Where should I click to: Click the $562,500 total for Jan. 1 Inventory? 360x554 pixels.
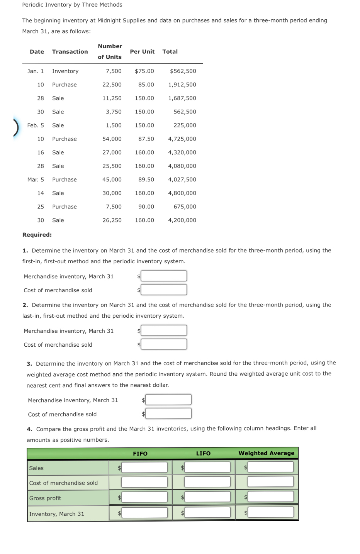click(183, 71)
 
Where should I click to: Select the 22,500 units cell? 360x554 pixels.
click(112, 85)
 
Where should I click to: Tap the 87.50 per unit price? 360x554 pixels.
click(146, 139)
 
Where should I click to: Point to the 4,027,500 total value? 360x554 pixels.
click(182, 180)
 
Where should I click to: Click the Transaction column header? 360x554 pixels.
click(70, 52)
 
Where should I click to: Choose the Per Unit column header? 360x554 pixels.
click(142, 52)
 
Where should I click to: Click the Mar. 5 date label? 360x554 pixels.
click(36, 180)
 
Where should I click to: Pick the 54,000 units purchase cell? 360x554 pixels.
click(112, 139)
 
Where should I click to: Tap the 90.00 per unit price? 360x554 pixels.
click(146, 207)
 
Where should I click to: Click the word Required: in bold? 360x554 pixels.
click(37, 235)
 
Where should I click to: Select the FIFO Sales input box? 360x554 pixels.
click(144, 468)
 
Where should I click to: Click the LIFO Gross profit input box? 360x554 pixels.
click(207, 497)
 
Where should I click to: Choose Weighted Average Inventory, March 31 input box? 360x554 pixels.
click(270, 512)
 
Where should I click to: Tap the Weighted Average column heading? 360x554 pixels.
click(267, 453)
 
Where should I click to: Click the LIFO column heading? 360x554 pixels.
click(203, 454)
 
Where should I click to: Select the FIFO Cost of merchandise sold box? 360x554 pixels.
click(144, 482)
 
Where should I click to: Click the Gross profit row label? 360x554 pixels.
click(45, 498)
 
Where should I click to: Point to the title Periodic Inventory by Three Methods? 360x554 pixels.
click(72, 5)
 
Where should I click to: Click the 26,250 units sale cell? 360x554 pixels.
click(112, 220)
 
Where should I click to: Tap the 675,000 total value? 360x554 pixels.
click(185, 207)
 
